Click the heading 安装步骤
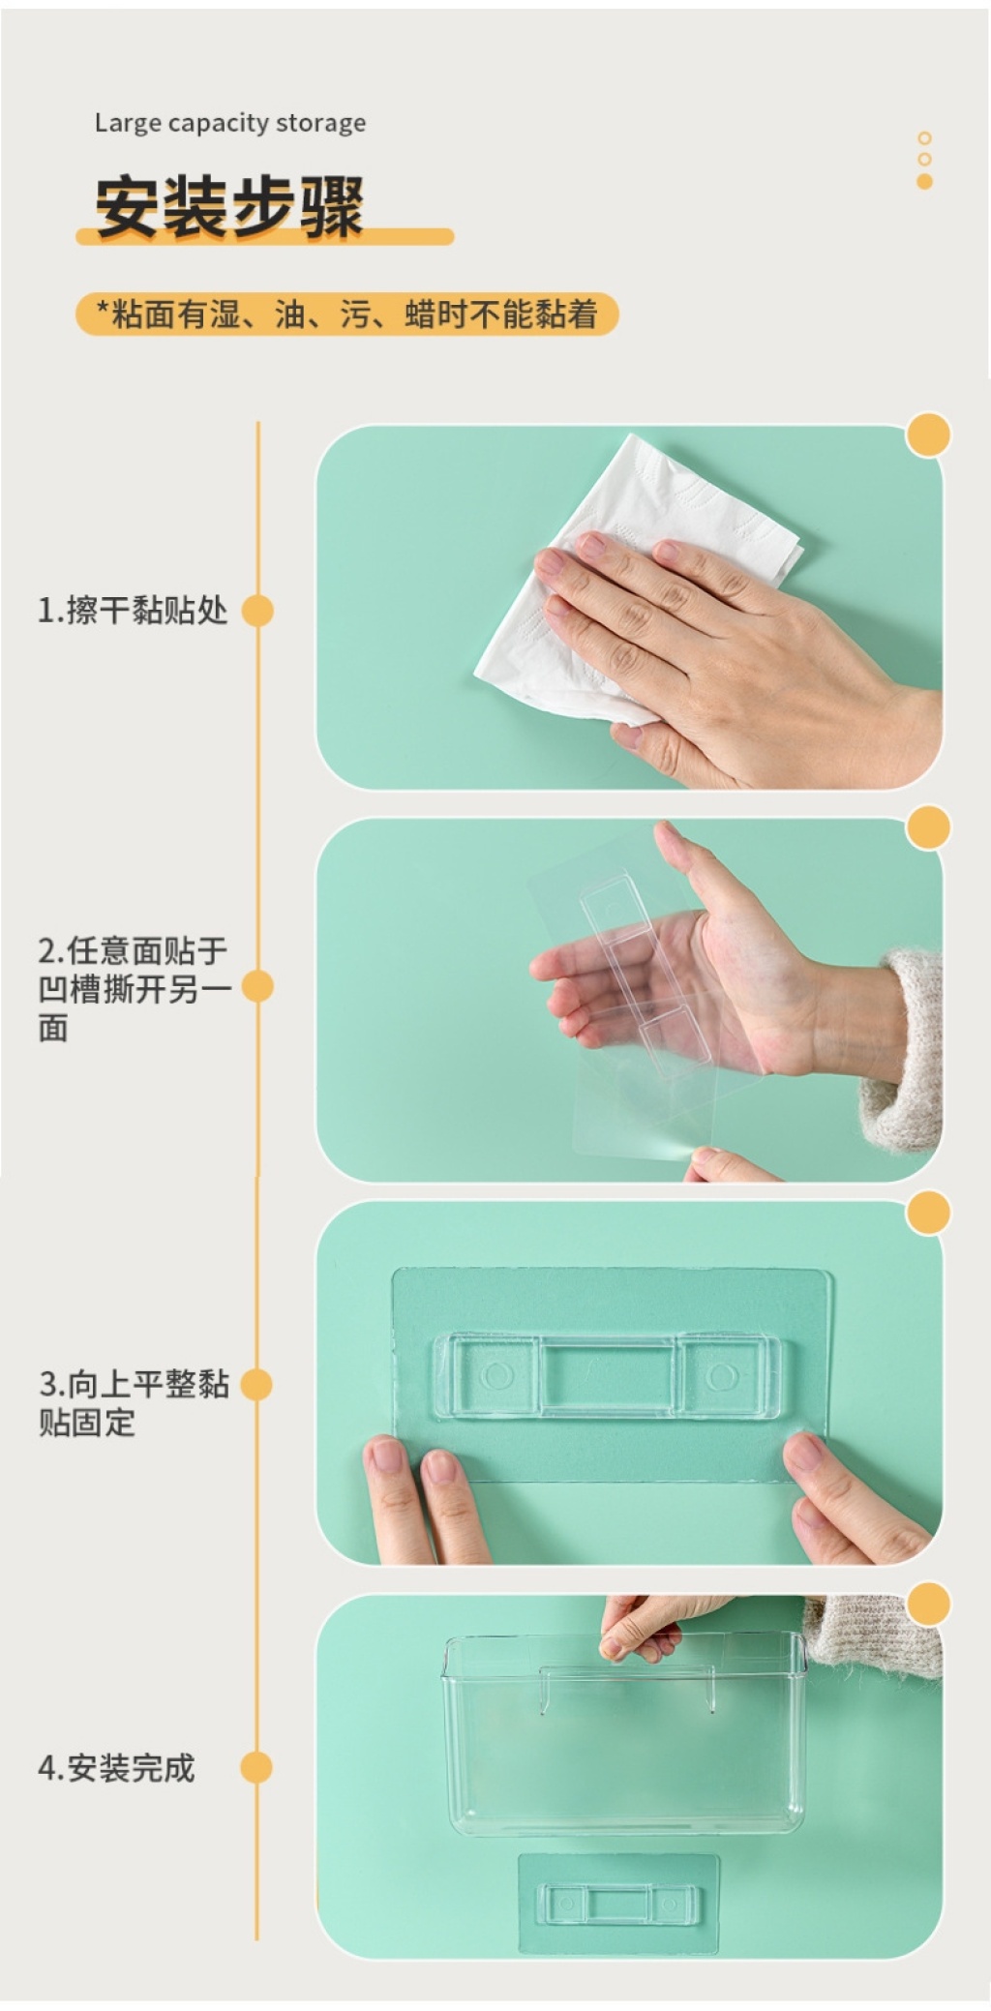[229, 206]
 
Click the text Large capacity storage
[230, 123]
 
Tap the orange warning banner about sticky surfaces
[346, 315]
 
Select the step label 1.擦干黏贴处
[133, 611]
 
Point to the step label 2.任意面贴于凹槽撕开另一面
[134, 988]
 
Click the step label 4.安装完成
[116, 1768]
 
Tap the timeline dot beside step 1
[257, 611]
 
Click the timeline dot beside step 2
[257, 986]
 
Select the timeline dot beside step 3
[256, 1384]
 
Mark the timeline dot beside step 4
[256, 1767]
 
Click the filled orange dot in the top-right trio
[924, 181]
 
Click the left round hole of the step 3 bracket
[497, 1375]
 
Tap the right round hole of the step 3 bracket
[721, 1376]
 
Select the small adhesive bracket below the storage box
[618, 1904]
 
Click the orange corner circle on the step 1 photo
[928, 435]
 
